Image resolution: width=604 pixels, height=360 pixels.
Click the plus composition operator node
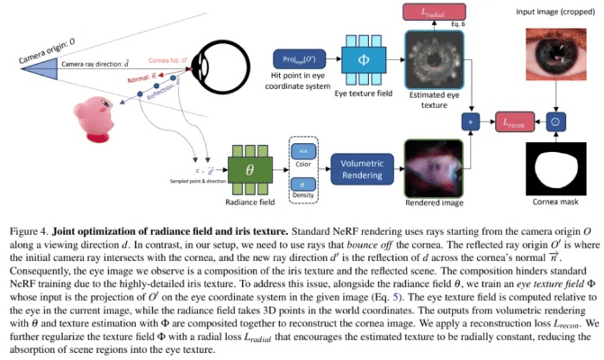click(x=467, y=120)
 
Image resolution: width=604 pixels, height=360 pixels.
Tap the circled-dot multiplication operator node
click(x=555, y=120)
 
